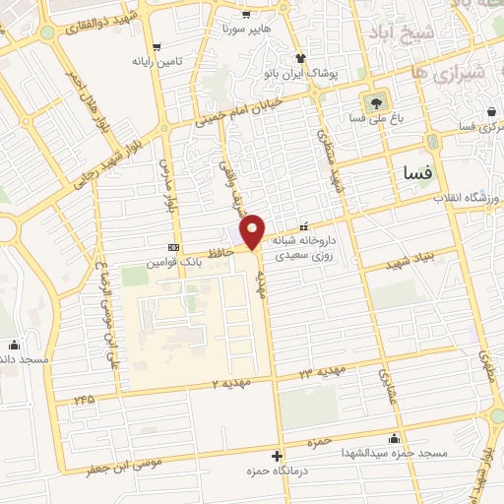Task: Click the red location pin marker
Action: (253, 230)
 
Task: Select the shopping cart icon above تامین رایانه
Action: (157, 46)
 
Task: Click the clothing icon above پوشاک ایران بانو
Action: (301, 58)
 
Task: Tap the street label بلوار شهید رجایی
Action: (128, 154)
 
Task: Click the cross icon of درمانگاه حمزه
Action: (278, 456)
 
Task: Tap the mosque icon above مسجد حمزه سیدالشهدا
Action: (395, 438)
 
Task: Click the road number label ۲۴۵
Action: (88, 400)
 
